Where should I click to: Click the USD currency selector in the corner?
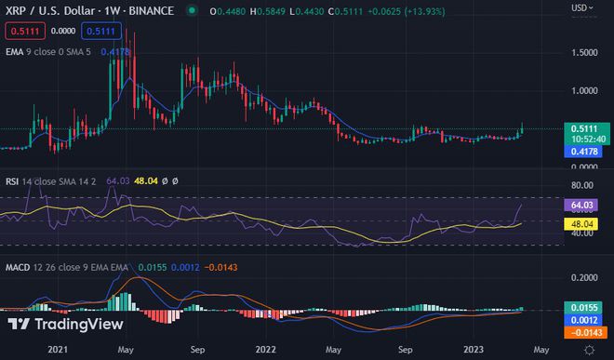pyautogui.click(x=580, y=7)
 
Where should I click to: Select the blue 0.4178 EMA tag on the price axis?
pyautogui.click(x=585, y=151)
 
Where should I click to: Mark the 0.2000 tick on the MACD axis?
pyautogui.click(x=586, y=278)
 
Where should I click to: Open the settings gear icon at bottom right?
pyautogui.click(x=589, y=349)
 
